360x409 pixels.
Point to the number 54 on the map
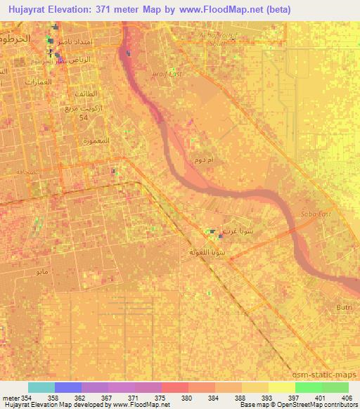coord(82,117)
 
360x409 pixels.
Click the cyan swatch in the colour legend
coord(41,387)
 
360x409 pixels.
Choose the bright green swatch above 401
coord(308,387)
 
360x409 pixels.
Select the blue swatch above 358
coord(67,387)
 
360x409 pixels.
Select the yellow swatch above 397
coord(281,387)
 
